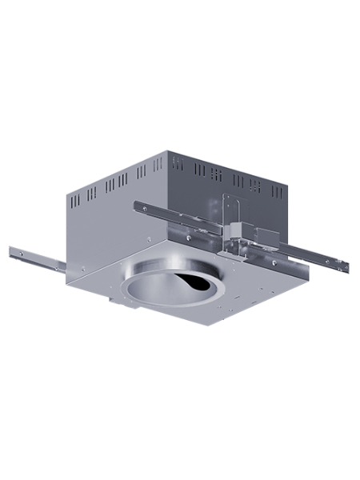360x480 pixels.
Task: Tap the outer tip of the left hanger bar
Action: [13, 252]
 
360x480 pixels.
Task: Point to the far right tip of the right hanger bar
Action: [347, 266]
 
